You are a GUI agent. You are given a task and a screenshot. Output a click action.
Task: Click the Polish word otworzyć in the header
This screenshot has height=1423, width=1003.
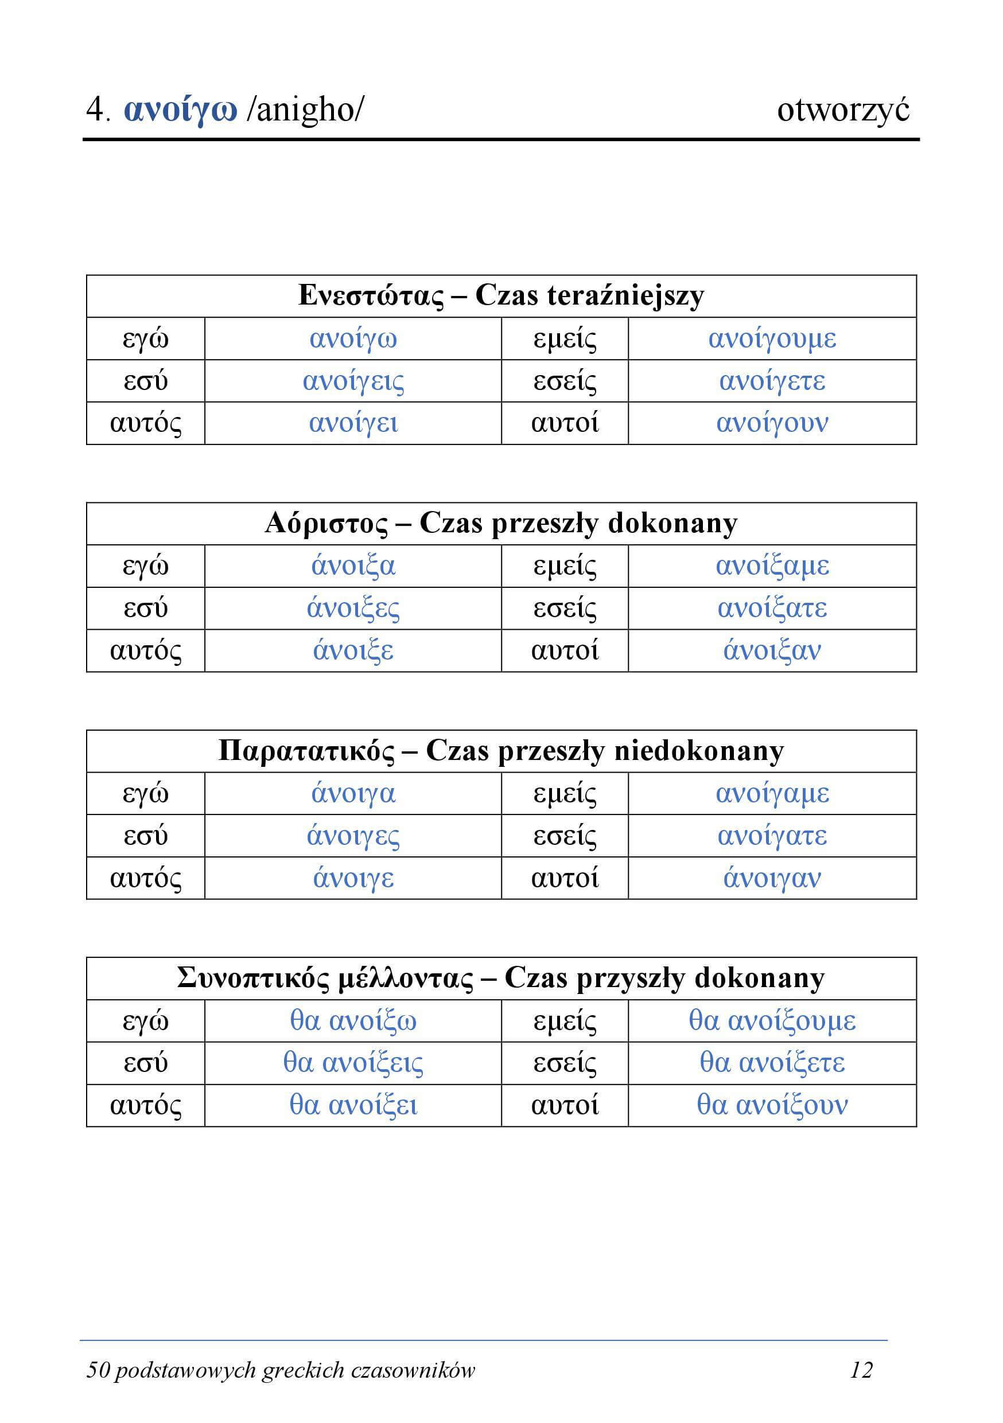(x=843, y=111)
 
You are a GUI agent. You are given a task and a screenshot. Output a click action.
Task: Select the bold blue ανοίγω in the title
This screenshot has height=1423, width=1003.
(x=180, y=111)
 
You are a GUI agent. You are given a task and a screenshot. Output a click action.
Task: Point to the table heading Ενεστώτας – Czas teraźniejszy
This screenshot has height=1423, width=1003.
(x=501, y=295)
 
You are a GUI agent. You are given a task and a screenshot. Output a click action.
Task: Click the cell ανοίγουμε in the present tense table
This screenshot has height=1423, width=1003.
(x=772, y=338)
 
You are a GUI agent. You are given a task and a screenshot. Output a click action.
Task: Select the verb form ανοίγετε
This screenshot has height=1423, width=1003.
(x=772, y=380)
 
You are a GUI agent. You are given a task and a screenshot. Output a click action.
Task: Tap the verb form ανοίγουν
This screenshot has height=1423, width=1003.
(x=772, y=423)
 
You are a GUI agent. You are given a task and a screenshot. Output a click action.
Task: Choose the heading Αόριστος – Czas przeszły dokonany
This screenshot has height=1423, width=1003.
(x=501, y=524)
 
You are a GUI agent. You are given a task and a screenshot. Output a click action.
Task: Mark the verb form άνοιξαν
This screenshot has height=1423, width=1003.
(x=772, y=651)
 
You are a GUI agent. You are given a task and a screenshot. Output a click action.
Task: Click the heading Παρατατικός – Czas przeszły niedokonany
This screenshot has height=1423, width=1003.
(x=501, y=751)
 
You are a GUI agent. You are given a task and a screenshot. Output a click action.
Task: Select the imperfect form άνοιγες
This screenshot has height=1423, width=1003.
(x=353, y=836)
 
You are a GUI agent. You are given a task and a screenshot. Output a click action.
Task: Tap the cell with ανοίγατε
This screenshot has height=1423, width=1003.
(x=772, y=836)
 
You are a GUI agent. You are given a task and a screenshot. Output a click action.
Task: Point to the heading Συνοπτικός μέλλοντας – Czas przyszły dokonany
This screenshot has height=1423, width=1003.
(x=501, y=978)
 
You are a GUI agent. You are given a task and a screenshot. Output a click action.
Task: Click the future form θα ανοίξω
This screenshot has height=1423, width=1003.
(x=353, y=1021)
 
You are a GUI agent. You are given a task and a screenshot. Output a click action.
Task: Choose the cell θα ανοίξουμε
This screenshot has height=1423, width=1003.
(x=772, y=1021)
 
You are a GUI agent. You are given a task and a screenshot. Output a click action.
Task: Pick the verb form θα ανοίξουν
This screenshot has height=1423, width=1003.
(x=772, y=1105)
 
